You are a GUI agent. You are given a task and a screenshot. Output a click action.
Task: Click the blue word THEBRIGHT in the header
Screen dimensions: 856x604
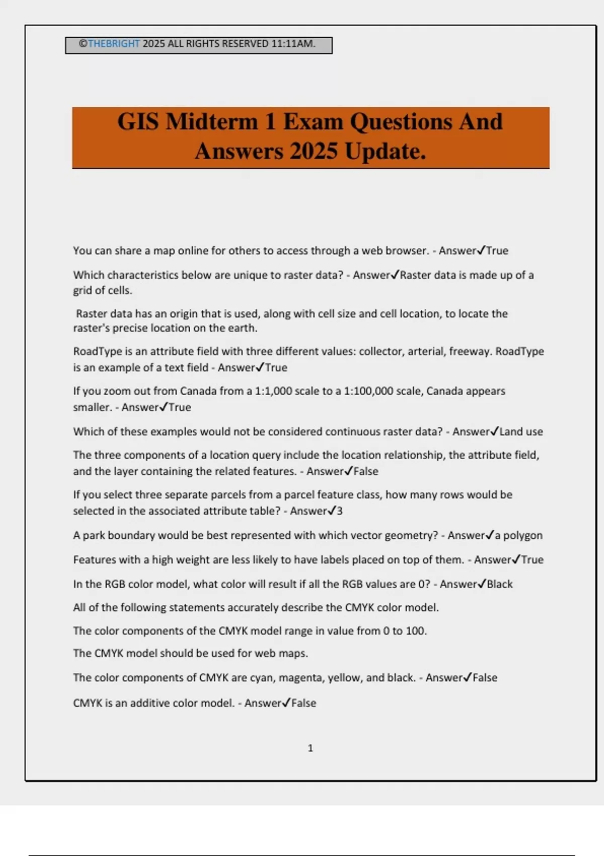click(114, 44)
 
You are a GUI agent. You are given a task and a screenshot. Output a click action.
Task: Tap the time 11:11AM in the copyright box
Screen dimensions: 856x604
click(293, 44)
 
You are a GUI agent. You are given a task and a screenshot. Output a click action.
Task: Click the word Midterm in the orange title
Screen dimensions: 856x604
click(212, 122)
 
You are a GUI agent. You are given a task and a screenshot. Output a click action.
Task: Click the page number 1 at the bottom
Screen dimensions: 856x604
click(310, 748)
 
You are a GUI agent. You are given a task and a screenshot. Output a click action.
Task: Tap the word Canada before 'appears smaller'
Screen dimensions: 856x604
click(446, 391)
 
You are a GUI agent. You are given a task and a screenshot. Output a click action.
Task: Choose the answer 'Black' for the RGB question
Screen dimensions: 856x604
click(500, 584)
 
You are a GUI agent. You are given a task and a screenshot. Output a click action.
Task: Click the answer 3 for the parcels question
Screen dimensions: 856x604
click(340, 511)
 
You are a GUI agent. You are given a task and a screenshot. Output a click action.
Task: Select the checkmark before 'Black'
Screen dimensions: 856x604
click(482, 584)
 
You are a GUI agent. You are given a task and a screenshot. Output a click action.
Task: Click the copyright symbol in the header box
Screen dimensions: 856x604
click(83, 44)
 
